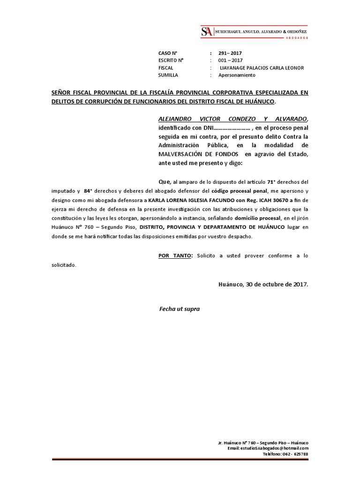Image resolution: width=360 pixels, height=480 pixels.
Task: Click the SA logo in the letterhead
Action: tap(206, 32)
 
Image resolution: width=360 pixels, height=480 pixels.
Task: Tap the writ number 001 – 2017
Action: tap(230, 60)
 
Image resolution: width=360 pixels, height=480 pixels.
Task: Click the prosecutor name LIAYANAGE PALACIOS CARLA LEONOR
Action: tap(262, 68)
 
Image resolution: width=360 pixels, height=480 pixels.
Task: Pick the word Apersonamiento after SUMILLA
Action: tap(237, 75)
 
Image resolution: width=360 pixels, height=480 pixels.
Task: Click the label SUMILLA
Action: tap(168, 75)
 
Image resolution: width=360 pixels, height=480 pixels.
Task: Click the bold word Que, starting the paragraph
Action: tap(165, 181)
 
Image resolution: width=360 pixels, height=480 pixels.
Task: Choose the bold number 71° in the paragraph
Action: tap(270, 181)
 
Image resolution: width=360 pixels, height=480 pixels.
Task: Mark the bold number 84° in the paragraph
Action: tap(88, 191)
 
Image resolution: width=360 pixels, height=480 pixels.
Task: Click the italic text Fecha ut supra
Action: tap(180, 309)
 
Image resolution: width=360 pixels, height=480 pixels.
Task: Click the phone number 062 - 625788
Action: tap(295, 454)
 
